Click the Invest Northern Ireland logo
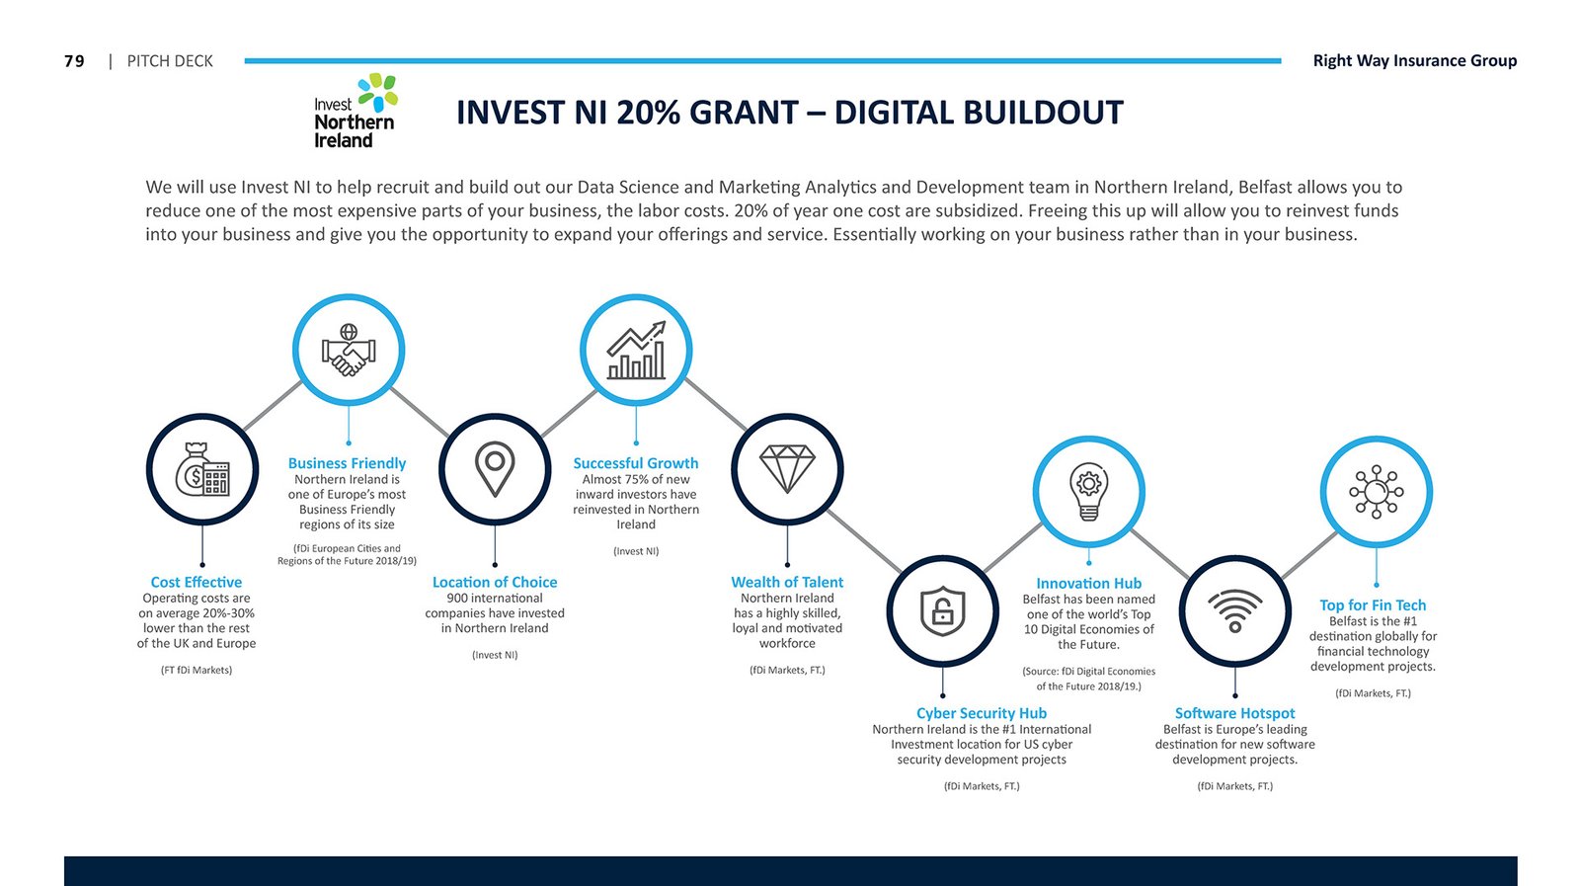click(355, 111)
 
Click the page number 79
click(74, 61)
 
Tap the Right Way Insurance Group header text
click(1414, 60)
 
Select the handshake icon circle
click(349, 350)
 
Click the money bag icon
click(202, 469)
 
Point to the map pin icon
click(495, 469)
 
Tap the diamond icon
click(787, 469)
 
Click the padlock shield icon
click(942, 610)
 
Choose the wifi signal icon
click(1234, 610)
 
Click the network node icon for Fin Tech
click(1377, 492)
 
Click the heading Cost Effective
click(197, 582)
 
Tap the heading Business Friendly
click(347, 463)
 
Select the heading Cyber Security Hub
click(982, 713)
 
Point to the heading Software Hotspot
click(1234, 713)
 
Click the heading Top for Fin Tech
click(1373, 605)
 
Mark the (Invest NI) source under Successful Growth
click(636, 551)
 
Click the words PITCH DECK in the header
click(170, 61)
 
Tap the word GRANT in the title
click(742, 113)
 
